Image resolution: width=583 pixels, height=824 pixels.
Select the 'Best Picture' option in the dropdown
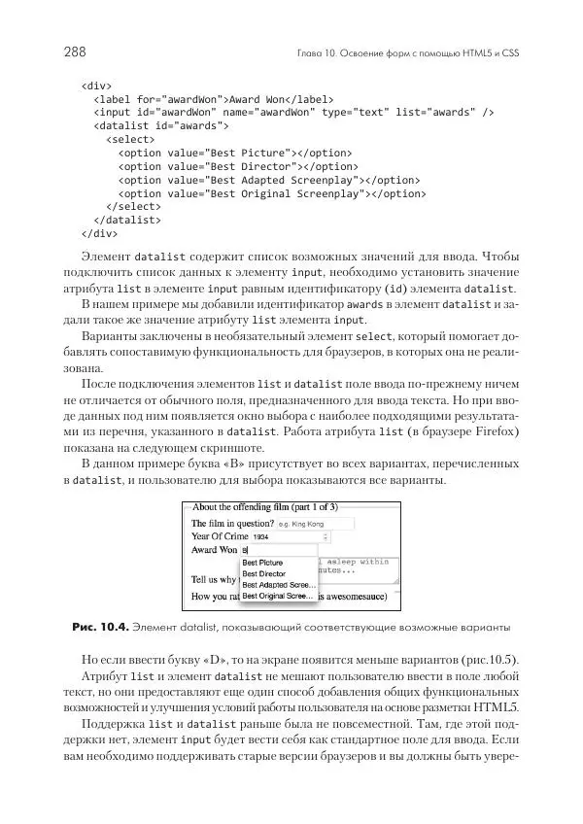pos(264,563)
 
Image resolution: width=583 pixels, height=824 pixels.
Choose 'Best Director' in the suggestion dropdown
pos(264,574)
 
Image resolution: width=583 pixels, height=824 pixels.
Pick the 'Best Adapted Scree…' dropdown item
pos(277,585)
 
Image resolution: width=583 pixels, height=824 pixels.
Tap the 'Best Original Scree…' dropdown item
pos(277,597)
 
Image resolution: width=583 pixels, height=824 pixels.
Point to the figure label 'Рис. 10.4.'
pos(99,626)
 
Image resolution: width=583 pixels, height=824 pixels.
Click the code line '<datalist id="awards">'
pos(160,125)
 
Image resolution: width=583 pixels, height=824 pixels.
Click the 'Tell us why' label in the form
pos(214,580)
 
